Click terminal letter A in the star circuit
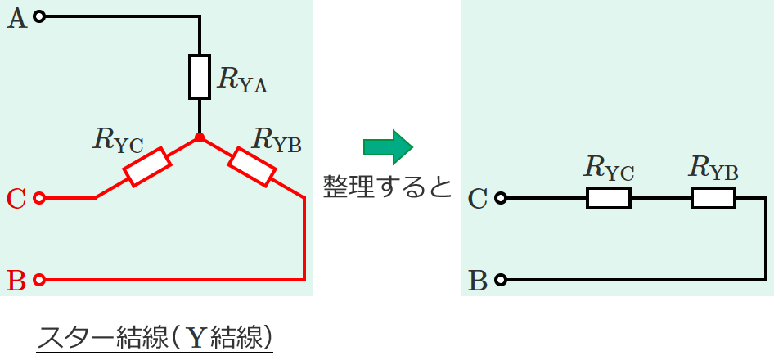pyautogui.click(x=17, y=18)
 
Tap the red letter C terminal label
pyautogui.click(x=16, y=198)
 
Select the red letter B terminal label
pyautogui.click(x=16, y=280)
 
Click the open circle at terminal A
pyautogui.click(x=41, y=16)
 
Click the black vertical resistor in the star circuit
pyautogui.click(x=200, y=77)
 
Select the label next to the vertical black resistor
pyautogui.click(x=243, y=79)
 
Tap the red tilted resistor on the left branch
pyautogui.click(x=147, y=166)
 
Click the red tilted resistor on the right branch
pyautogui.click(x=251, y=166)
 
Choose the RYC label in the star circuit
pyautogui.click(x=119, y=141)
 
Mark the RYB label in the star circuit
pyautogui.click(x=277, y=141)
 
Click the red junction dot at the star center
pyautogui.click(x=199, y=137)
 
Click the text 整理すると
pyautogui.click(x=387, y=187)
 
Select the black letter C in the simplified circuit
pyautogui.click(x=479, y=198)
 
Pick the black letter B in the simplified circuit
pyautogui.click(x=479, y=281)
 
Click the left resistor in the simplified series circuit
pyautogui.click(x=609, y=198)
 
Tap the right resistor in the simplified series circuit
pyautogui.click(x=713, y=198)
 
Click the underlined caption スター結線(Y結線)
pyautogui.click(x=155, y=336)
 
